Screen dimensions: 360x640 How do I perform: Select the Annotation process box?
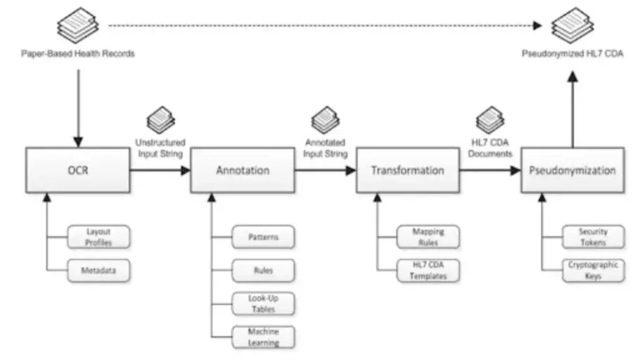pyautogui.click(x=243, y=170)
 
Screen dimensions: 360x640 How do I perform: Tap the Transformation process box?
pyautogui.click(x=407, y=170)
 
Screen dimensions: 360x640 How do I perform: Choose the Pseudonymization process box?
pyautogui.click(x=572, y=170)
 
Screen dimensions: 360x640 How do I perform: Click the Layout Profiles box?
pyautogui.click(x=98, y=237)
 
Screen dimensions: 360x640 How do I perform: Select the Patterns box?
pyautogui.click(x=263, y=237)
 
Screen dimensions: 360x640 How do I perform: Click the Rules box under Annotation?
pyautogui.click(x=263, y=270)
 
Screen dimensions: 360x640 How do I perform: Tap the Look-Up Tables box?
pyautogui.click(x=263, y=304)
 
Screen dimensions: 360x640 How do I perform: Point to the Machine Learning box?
pyautogui.click(x=263, y=337)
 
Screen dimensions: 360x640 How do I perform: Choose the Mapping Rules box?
pyautogui.click(x=428, y=237)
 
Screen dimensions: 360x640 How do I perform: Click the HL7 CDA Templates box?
pyautogui.click(x=428, y=270)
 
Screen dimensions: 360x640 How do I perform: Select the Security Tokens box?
pyautogui.click(x=592, y=237)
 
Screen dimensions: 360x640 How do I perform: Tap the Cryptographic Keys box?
pyautogui.click(x=592, y=270)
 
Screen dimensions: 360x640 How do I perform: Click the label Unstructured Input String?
pyautogui.click(x=160, y=147)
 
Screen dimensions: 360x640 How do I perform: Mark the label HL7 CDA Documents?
pyautogui.click(x=489, y=147)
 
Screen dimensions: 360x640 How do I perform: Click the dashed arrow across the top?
pyautogui.click(x=324, y=26)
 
